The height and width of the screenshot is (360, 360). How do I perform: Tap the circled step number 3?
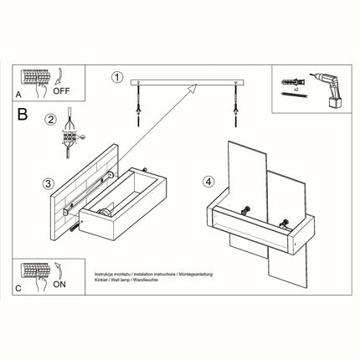[49, 183]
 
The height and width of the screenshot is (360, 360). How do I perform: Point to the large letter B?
[23, 112]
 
